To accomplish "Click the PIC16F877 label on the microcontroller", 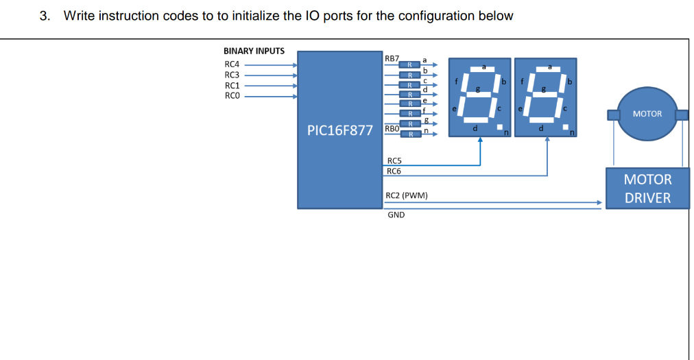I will coord(339,130).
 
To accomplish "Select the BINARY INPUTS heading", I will coord(254,51).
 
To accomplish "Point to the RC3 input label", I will coord(232,75).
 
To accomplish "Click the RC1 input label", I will coord(232,85).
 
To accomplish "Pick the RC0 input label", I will coord(232,95).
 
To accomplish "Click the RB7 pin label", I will coord(392,59).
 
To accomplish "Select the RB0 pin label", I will coord(392,128).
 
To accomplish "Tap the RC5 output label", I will coord(394,161).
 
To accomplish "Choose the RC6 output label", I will coord(394,171).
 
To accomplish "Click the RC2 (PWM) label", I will coord(407,195).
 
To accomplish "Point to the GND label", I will coord(396,215).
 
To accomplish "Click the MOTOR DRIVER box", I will coord(647,189).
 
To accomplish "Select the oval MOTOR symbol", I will coord(647,114).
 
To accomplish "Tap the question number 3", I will coord(45,16).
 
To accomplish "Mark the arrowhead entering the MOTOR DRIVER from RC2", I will coord(599,202).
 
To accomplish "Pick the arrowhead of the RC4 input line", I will coord(295,65).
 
